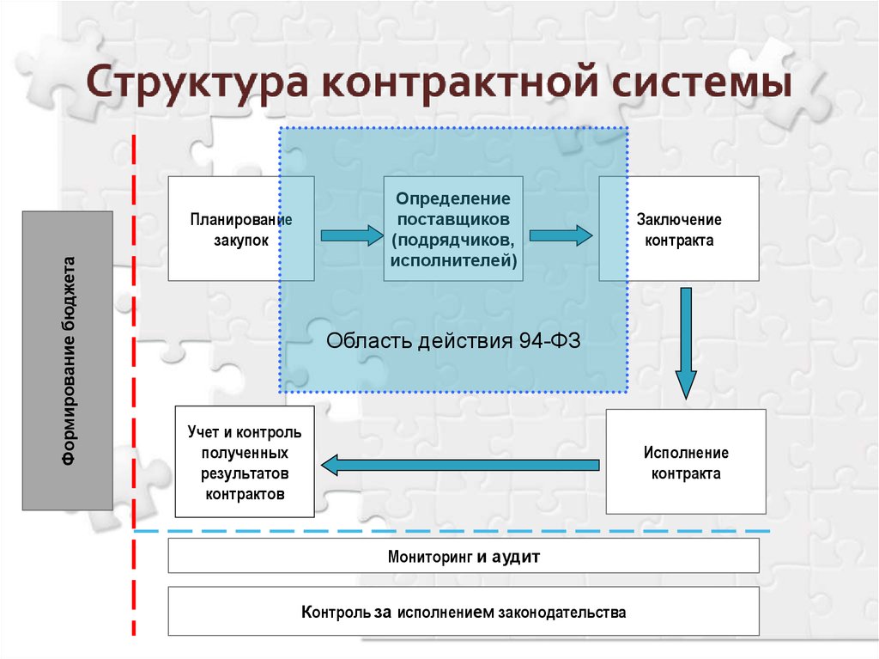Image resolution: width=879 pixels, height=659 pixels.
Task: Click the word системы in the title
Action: coord(701,82)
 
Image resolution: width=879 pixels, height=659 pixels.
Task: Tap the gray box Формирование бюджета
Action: coord(68,360)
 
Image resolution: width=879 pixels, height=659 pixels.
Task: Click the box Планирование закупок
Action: coord(241,229)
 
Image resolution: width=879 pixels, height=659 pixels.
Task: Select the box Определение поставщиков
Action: coord(453,229)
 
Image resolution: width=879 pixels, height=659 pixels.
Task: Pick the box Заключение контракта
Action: coord(679,229)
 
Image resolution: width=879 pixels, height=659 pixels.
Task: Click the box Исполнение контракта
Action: coord(686,461)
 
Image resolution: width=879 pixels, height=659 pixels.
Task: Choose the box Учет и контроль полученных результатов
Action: coord(245,461)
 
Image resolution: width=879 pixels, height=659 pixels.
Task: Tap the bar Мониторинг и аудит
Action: coord(464,556)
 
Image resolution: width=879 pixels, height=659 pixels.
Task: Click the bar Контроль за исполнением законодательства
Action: coord(464,611)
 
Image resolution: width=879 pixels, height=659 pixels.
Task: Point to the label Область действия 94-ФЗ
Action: coord(453,341)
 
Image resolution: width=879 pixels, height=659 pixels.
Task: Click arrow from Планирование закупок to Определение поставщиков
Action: coord(352,235)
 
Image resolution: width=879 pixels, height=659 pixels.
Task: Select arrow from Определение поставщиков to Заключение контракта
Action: coord(561,235)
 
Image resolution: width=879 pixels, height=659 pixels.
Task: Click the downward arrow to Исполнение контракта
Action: coord(686,344)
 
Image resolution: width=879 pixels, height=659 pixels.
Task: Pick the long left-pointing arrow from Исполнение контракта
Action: coord(460,465)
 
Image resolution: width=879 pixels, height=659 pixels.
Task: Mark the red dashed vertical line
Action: coord(134,385)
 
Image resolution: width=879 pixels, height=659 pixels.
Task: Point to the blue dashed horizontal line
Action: coord(452,530)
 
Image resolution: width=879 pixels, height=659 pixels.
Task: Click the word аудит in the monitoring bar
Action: coord(516,557)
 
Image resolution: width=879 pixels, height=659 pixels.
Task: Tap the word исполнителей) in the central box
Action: coord(453,260)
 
